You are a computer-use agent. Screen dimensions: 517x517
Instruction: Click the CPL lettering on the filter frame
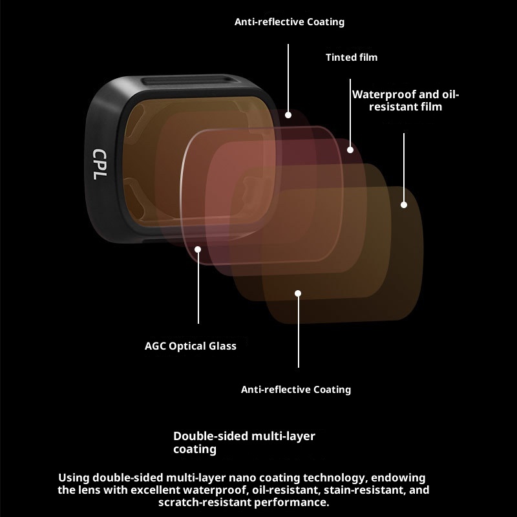[x=99, y=164]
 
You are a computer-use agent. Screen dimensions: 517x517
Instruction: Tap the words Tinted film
[x=351, y=58]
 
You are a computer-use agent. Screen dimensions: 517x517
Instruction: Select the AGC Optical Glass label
[x=191, y=346]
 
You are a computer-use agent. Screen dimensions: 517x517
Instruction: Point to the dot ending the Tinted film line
[x=350, y=150]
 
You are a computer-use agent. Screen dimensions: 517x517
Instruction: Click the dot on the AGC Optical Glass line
[x=198, y=249]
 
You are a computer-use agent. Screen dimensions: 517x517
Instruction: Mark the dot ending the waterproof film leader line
[x=404, y=205]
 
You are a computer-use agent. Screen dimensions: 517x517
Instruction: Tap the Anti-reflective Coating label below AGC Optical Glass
[x=296, y=390]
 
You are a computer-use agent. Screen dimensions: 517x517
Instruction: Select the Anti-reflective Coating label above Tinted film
[x=290, y=22]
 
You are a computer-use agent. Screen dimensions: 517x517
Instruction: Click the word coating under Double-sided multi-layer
[x=195, y=449]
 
